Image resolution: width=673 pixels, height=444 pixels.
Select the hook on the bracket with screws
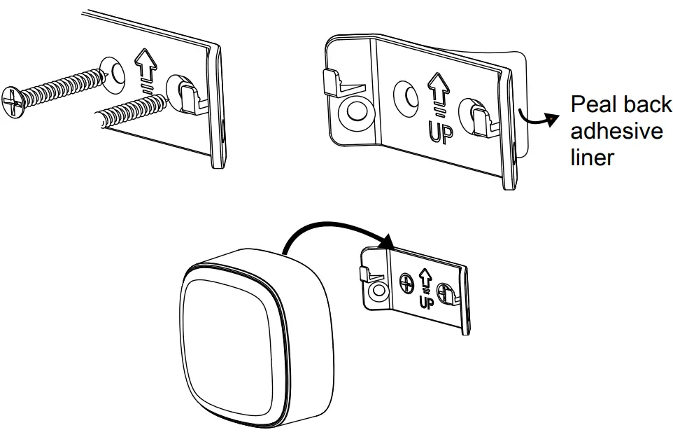[187, 94]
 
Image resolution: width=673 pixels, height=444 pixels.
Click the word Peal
[592, 104]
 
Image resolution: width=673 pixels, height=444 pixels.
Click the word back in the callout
[645, 104]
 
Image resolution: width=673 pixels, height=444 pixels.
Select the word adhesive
[616, 131]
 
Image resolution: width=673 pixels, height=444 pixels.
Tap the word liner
[592, 157]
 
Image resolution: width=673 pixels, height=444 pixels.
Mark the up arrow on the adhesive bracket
[439, 89]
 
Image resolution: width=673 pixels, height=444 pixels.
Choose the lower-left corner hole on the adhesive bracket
[355, 111]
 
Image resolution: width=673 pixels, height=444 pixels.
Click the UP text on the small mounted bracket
[425, 302]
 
